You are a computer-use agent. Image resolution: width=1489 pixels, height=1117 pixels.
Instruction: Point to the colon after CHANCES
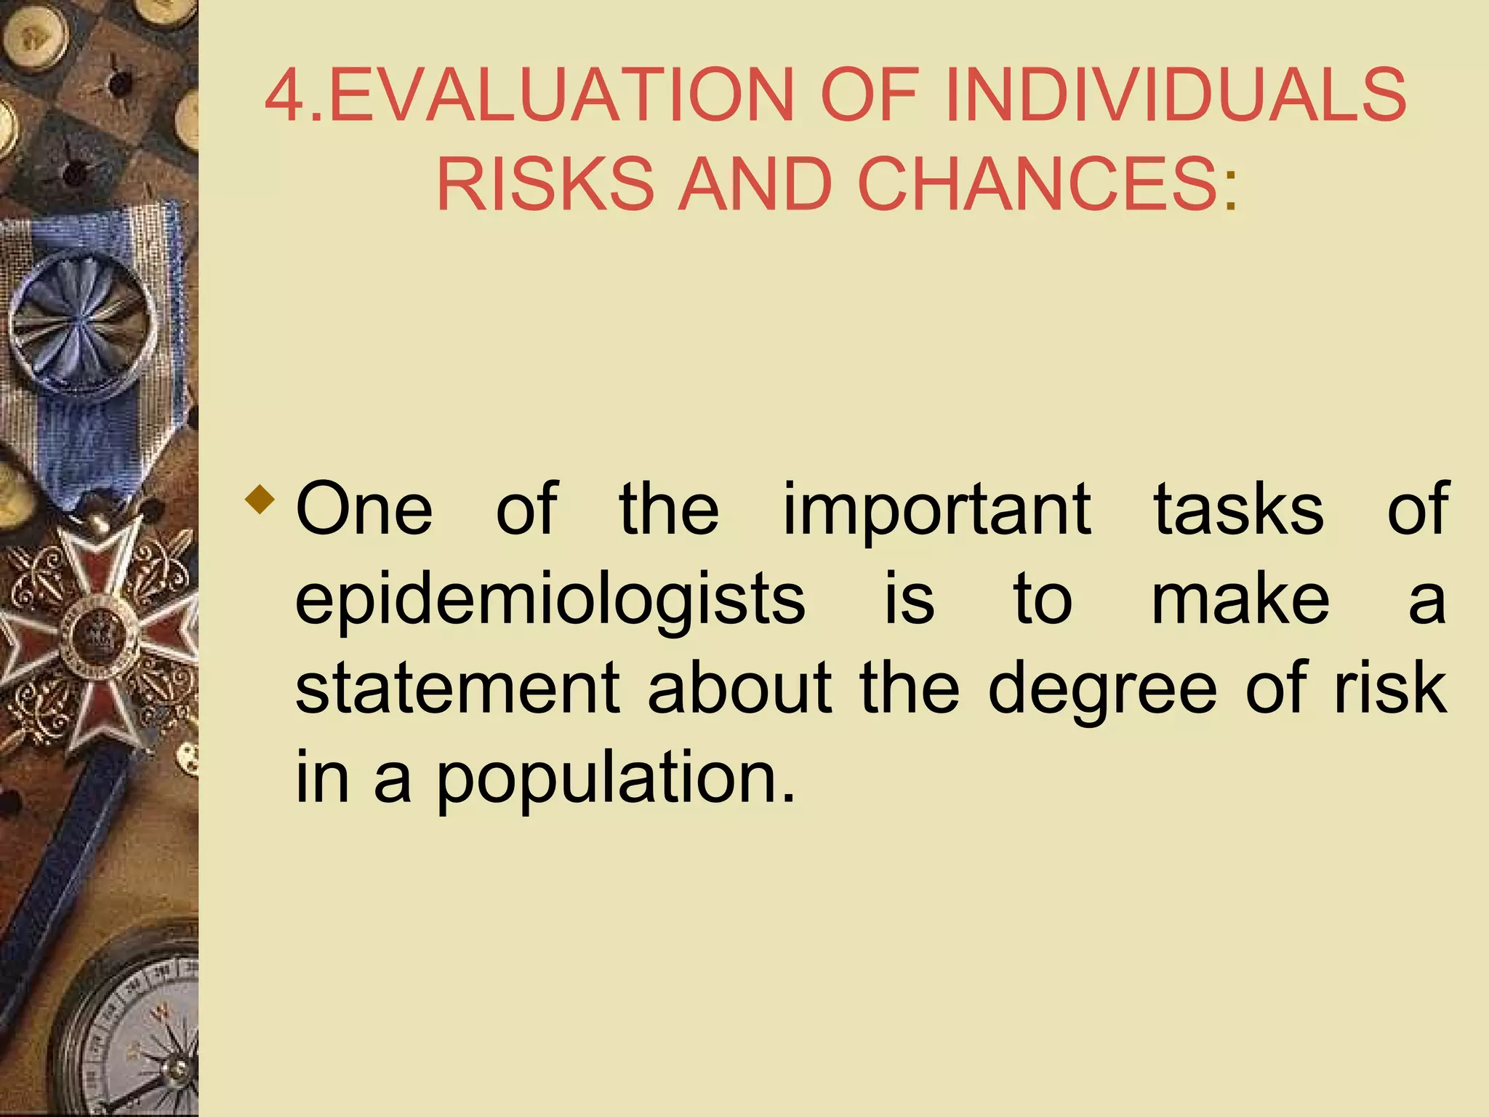pyautogui.click(x=1231, y=193)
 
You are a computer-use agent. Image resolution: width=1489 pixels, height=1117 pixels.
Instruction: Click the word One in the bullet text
pyautogui.click(x=364, y=509)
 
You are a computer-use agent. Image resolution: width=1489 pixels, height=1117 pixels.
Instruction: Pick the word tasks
pyautogui.click(x=1239, y=509)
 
